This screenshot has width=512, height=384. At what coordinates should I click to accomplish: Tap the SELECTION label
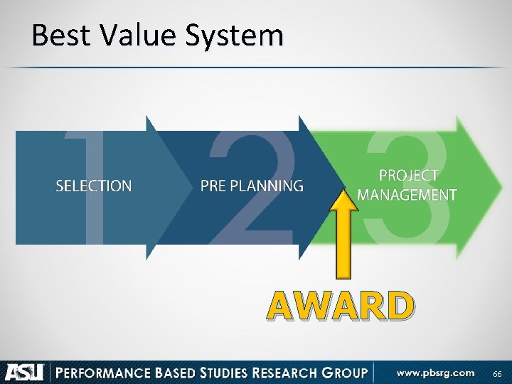point(94,186)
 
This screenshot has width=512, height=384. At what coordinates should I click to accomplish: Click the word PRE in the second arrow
point(214,186)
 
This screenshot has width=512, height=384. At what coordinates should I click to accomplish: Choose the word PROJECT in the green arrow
point(408,175)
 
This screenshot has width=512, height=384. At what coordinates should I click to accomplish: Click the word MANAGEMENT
point(407,194)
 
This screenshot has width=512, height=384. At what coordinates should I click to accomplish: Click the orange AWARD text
point(340,306)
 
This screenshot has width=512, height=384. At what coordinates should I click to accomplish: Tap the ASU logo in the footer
point(24,372)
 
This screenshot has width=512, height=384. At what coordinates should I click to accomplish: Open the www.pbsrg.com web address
point(435,372)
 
